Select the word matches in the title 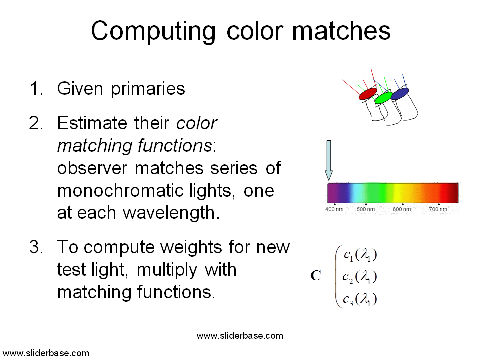(x=341, y=30)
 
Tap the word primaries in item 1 (x=148, y=89)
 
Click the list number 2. (x=36, y=123)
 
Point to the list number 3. (x=36, y=247)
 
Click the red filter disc (x=368, y=94)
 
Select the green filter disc (x=384, y=98)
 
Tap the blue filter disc (x=400, y=94)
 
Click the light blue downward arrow (x=329, y=160)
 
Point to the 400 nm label (x=334, y=209)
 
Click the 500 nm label (x=366, y=209)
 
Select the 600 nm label (x=402, y=209)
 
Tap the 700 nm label (x=438, y=209)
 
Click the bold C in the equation (x=315, y=275)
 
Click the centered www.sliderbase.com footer (x=240, y=336)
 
